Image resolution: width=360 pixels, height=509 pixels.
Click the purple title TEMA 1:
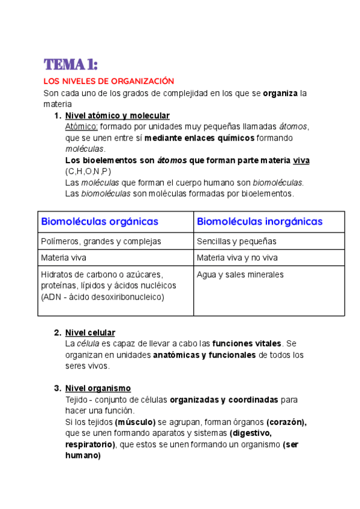[x=71, y=64]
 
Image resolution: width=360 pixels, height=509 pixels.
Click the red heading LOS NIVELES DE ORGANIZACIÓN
[x=109, y=81]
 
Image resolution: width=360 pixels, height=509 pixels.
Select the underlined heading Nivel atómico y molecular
[x=117, y=115]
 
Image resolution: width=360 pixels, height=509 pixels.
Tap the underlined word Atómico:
[x=81, y=127]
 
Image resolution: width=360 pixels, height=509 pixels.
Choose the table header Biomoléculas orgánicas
[x=100, y=221]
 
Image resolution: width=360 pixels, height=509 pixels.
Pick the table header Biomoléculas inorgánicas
[x=259, y=221]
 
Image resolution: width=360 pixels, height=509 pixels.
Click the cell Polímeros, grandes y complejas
[x=101, y=241]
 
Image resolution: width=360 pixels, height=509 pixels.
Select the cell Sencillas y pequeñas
[x=236, y=241]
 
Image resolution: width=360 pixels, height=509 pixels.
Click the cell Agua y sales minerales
[x=240, y=275]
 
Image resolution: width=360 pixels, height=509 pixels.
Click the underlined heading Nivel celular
[x=90, y=333]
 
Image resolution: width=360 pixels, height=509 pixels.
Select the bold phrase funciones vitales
[x=247, y=344]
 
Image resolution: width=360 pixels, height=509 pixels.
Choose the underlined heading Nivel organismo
[x=98, y=388]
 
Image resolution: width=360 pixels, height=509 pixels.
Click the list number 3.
[x=57, y=388]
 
